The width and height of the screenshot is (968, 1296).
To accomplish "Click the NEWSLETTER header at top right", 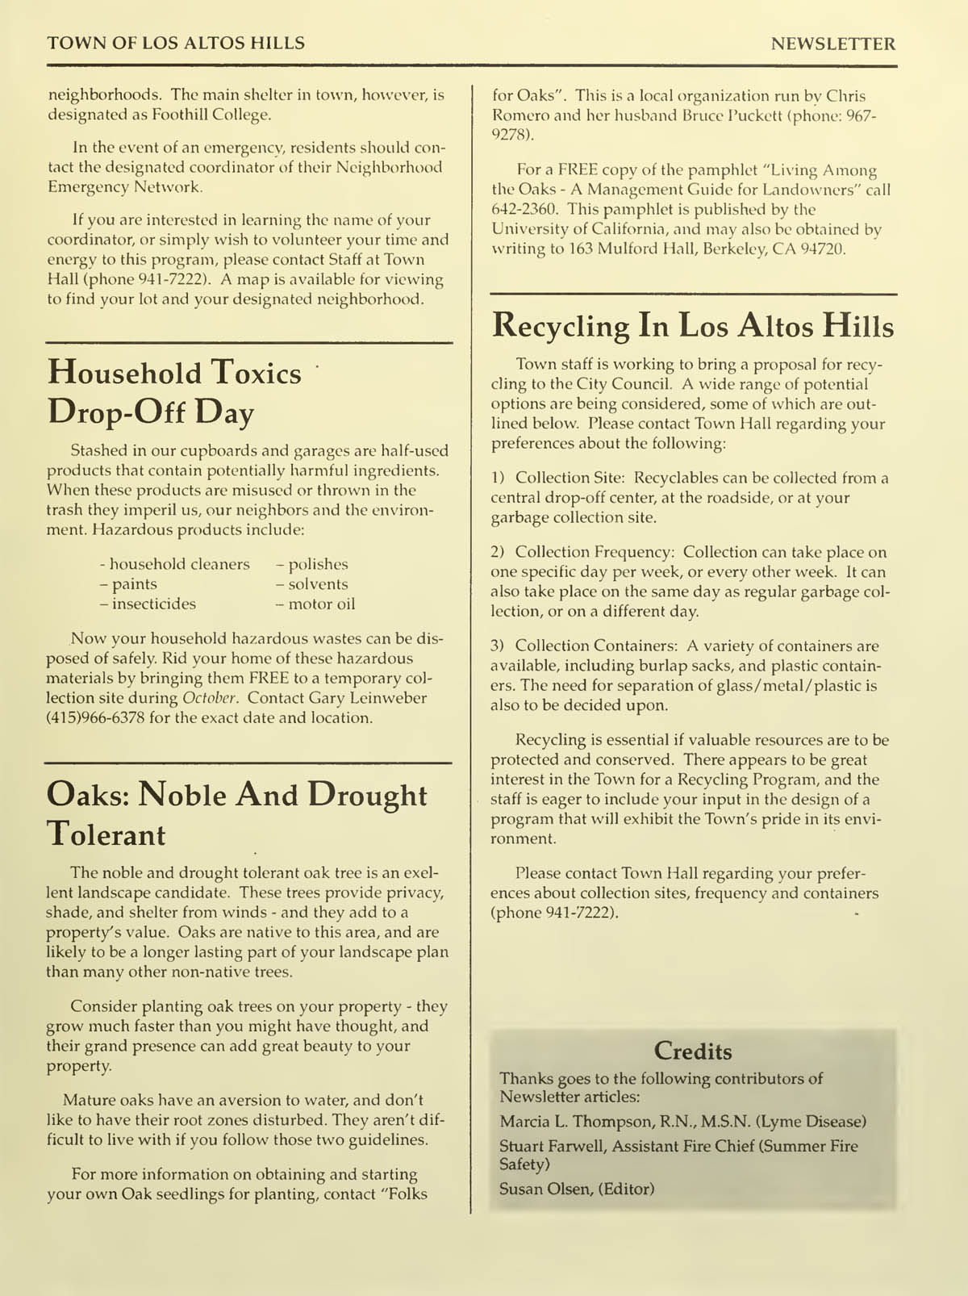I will (832, 44).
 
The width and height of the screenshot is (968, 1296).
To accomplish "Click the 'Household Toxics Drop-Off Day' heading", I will (174, 393).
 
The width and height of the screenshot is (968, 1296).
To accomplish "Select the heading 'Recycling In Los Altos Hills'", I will (693, 326).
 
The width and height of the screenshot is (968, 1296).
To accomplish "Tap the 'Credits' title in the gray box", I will (693, 1051).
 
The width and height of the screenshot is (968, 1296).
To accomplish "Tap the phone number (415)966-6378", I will (95, 717).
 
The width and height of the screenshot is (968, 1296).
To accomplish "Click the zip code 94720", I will (823, 249).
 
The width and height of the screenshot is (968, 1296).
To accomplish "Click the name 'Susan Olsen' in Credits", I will (545, 1189).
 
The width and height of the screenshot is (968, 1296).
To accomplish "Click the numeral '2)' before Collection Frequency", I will (498, 553).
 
